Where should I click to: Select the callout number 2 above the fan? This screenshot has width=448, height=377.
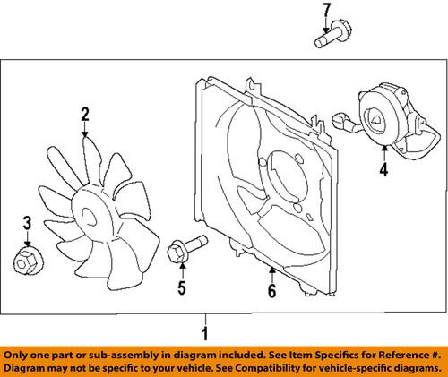pos(84,114)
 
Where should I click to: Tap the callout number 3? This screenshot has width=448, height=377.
pos(27,223)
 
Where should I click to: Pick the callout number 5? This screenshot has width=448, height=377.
pos(182,287)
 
